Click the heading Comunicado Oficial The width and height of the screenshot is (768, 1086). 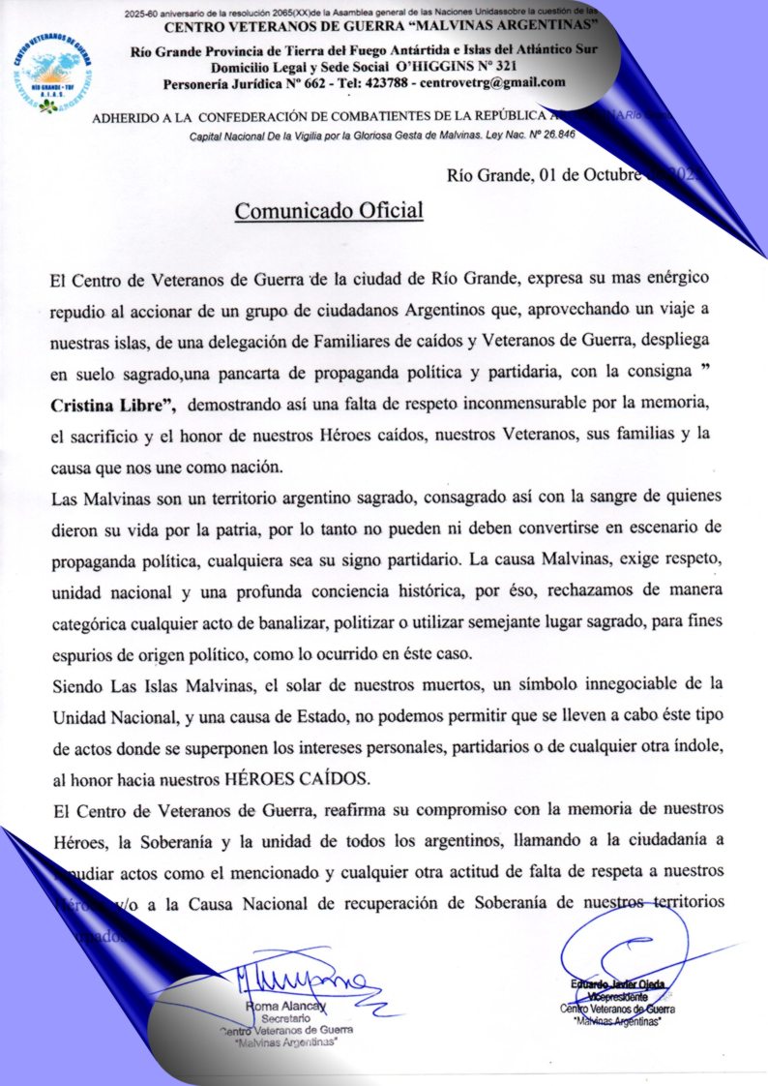tap(330, 210)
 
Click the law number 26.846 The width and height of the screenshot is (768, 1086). tap(554, 135)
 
